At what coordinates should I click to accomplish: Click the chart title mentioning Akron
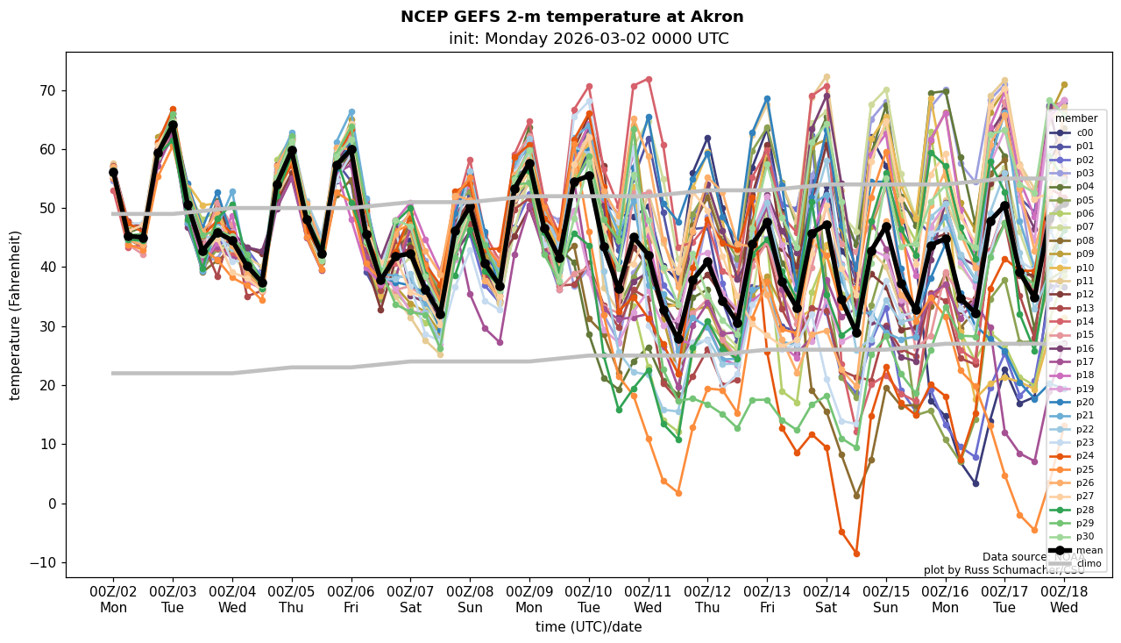click(x=571, y=17)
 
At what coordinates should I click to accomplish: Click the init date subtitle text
click(x=588, y=39)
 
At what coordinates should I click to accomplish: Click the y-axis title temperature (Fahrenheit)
click(x=15, y=315)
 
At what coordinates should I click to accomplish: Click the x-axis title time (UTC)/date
click(x=588, y=627)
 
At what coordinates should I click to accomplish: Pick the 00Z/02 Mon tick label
click(x=113, y=600)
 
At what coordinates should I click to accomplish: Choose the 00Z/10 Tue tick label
click(x=589, y=600)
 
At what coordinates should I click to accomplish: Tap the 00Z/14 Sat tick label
click(x=827, y=600)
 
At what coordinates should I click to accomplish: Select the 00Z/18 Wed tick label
click(x=1064, y=600)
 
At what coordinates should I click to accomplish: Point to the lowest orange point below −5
click(x=856, y=554)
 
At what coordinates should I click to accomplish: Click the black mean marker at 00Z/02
click(x=113, y=173)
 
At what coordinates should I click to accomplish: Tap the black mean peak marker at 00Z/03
click(x=173, y=125)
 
